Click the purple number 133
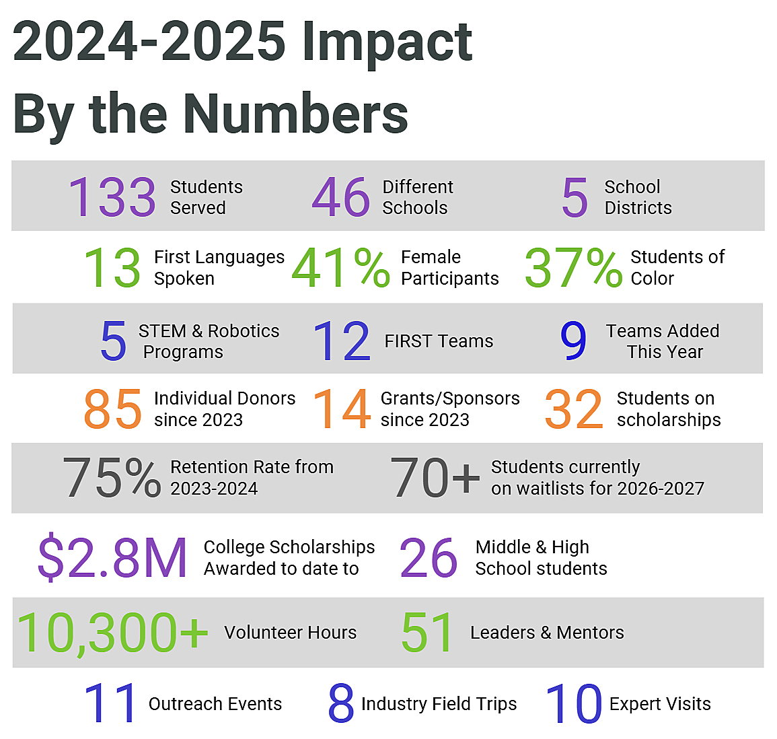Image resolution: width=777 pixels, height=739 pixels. (x=112, y=197)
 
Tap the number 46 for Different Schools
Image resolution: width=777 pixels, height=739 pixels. (x=341, y=197)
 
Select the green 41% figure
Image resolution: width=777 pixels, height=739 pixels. (x=340, y=268)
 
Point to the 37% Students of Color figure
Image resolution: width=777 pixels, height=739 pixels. (x=573, y=268)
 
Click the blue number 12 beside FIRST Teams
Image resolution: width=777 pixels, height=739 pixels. (x=342, y=341)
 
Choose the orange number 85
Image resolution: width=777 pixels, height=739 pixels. (x=112, y=409)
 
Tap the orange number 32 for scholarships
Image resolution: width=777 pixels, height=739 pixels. (x=574, y=409)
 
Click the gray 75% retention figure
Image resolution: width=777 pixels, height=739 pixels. (x=112, y=478)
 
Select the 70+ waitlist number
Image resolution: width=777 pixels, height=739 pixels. (x=435, y=478)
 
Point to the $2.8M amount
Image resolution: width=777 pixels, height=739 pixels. (x=112, y=557)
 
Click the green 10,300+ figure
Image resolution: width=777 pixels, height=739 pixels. (x=112, y=633)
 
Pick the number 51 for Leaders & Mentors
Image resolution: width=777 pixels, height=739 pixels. (x=428, y=633)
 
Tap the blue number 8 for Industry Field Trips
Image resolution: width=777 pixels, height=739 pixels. (x=341, y=704)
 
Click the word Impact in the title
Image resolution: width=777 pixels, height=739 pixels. (x=387, y=42)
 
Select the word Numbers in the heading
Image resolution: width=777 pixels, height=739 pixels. (x=296, y=113)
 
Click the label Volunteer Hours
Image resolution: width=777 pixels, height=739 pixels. (x=291, y=633)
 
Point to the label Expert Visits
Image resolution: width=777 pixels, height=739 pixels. (x=660, y=704)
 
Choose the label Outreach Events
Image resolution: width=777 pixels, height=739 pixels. (x=215, y=704)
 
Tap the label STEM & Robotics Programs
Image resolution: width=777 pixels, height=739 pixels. (x=209, y=341)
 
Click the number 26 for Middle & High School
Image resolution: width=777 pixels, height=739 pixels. (x=429, y=557)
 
